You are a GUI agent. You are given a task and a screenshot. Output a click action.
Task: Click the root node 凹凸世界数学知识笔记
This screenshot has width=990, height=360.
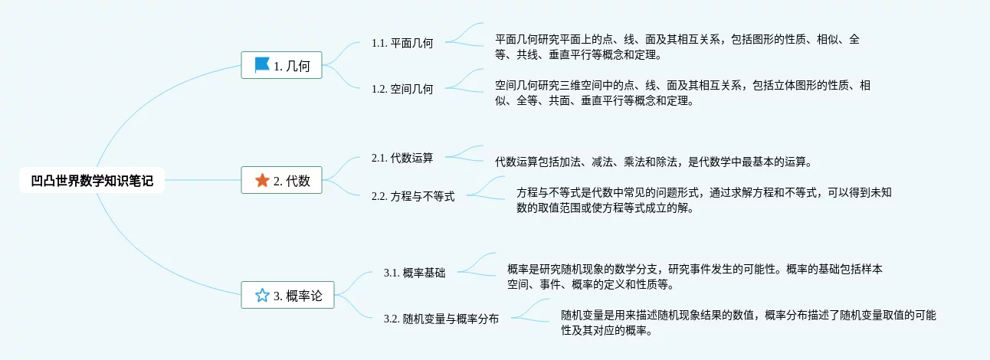click(92, 181)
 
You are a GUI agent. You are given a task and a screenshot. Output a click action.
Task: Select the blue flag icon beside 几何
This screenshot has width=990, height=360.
click(262, 65)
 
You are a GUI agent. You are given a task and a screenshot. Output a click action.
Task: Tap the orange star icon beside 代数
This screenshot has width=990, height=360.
click(262, 181)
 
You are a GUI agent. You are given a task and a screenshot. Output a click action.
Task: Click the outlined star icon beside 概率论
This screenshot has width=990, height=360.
click(262, 296)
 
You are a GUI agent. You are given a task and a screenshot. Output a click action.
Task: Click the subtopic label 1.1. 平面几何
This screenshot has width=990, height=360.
click(402, 44)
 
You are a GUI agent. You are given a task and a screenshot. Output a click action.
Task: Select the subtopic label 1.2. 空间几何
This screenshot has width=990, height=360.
click(402, 89)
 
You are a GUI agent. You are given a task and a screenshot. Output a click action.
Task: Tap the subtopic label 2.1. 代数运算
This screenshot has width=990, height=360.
click(402, 159)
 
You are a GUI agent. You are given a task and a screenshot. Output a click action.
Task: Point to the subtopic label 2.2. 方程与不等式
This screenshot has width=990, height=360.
click(413, 197)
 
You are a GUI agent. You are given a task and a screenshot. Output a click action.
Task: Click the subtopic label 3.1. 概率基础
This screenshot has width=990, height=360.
click(415, 273)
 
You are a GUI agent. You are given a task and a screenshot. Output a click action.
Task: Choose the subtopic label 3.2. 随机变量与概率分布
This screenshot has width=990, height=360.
click(441, 319)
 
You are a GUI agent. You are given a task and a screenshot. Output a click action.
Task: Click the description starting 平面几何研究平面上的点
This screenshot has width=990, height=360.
click(677, 47)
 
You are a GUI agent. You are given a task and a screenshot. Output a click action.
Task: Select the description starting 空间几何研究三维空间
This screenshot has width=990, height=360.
click(682, 93)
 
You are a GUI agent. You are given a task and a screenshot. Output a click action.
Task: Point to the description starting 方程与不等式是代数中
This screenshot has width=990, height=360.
click(703, 200)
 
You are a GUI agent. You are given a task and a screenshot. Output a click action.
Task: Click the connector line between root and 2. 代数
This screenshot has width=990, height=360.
click(203, 181)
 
